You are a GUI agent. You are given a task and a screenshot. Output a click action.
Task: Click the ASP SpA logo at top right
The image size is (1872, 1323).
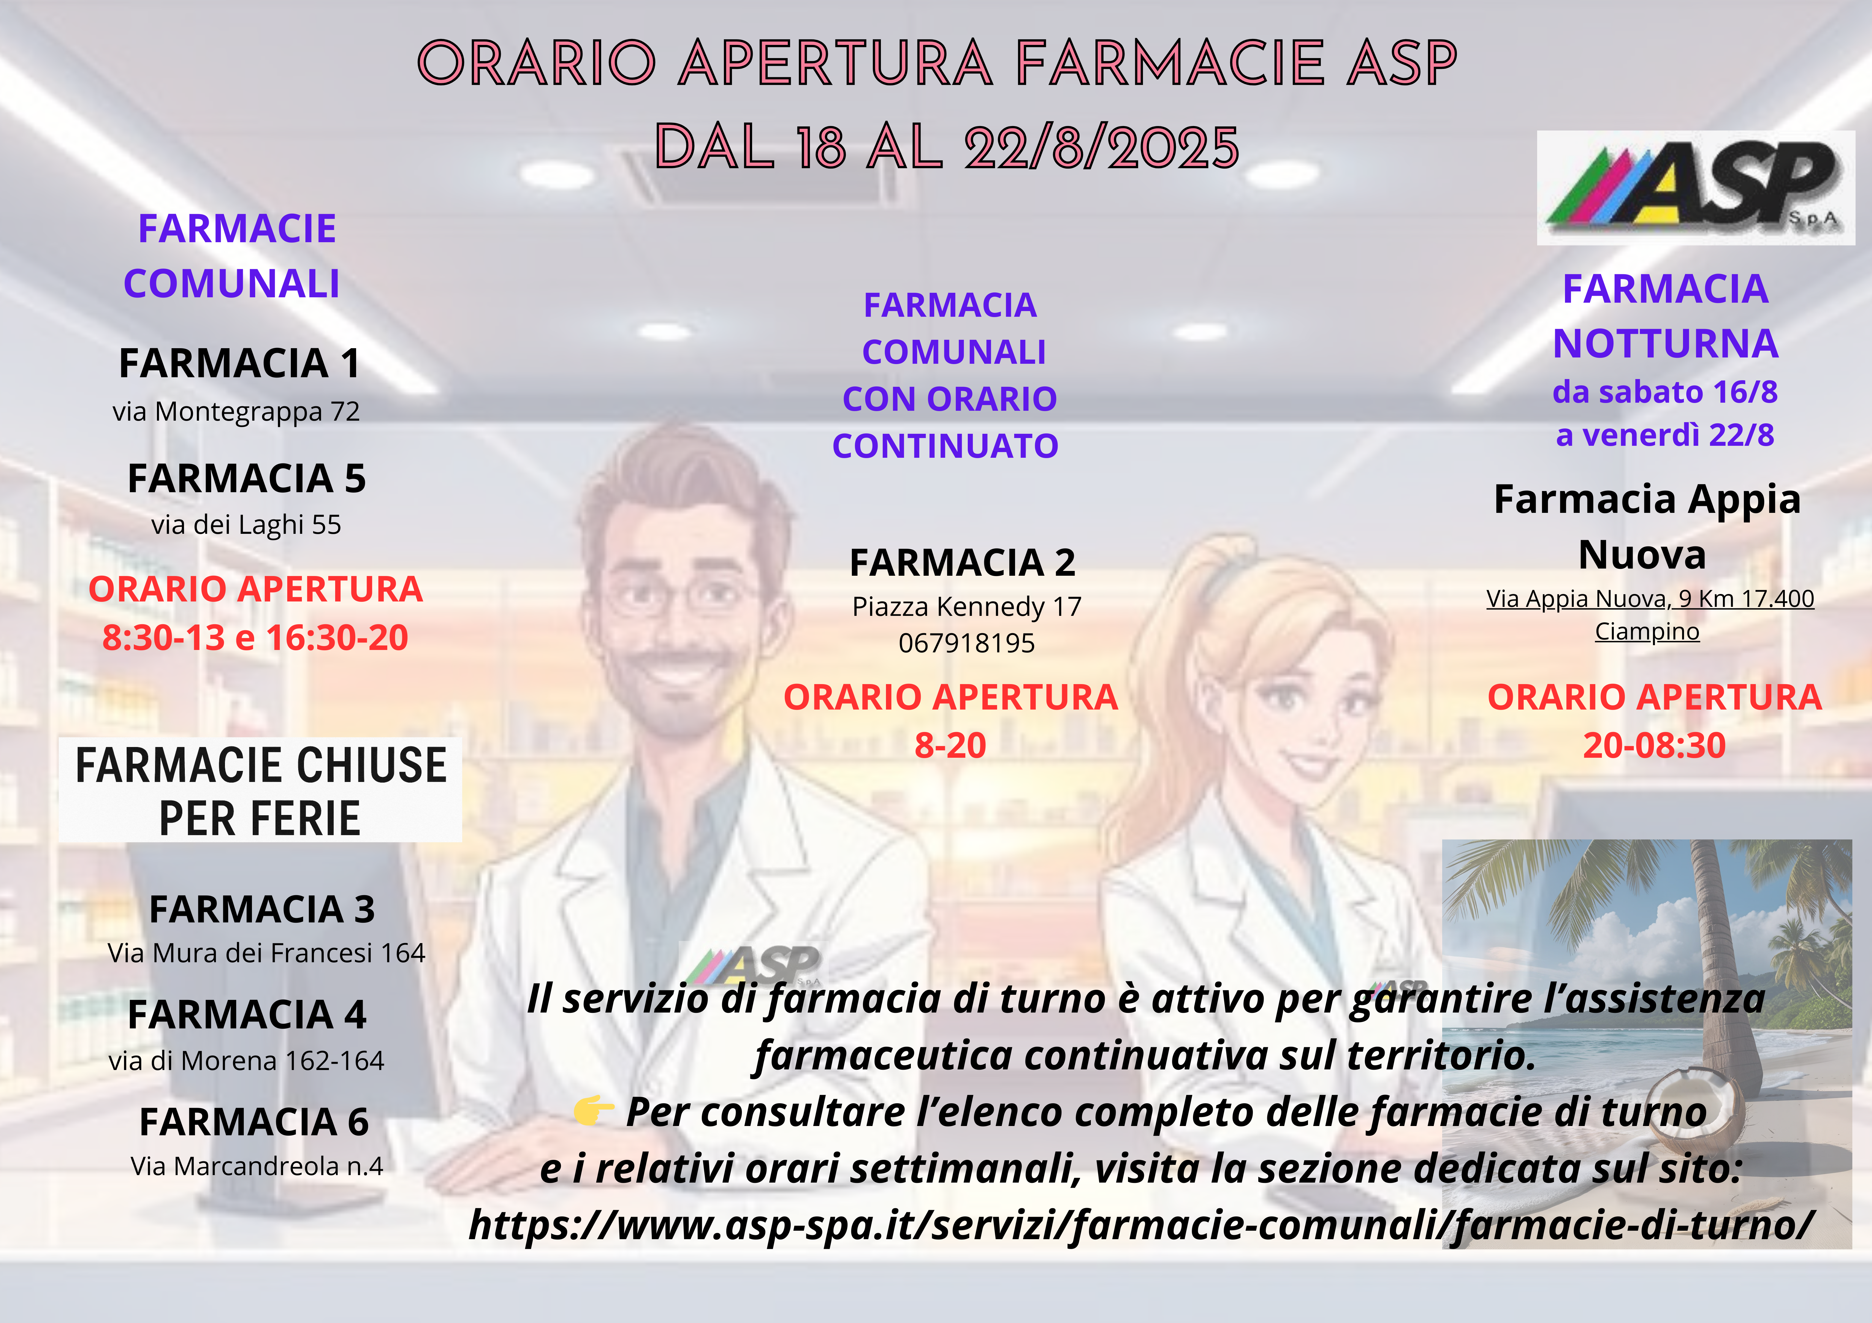1696,187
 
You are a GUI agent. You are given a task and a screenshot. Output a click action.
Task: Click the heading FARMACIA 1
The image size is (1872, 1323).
239,363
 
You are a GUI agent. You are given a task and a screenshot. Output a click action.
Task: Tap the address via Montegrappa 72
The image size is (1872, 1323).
236,412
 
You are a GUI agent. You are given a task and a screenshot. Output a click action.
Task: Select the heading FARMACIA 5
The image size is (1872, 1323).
246,478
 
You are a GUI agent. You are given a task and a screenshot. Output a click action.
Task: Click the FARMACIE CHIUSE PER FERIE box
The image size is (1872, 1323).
260,790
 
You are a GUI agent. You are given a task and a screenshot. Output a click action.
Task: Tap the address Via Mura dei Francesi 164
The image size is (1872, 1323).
267,953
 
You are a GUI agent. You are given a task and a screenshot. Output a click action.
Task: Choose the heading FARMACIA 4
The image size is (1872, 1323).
247,1015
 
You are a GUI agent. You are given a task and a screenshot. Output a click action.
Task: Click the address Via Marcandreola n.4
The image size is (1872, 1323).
257,1166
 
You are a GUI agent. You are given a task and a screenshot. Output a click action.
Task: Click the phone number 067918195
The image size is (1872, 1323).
967,643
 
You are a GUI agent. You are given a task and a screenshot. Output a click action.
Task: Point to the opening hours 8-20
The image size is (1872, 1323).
951,745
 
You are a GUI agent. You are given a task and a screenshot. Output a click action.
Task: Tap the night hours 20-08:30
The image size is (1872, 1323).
1654,745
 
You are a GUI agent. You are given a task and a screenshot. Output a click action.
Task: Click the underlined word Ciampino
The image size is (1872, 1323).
1647,632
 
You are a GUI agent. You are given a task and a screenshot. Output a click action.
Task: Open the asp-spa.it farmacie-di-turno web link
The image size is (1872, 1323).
1141,1225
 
